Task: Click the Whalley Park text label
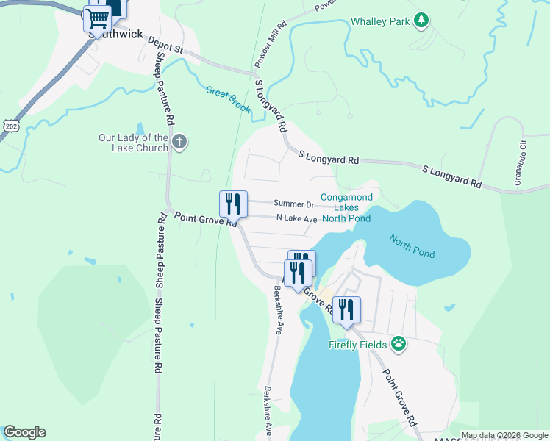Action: pyautogui.click(x=380, y=22)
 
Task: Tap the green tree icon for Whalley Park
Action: pyautogui.click(x=421, y=21)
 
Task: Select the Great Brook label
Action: pyautogui.click(x=228, y=100)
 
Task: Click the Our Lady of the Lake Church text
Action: pyautogui.click(x=134, y=143)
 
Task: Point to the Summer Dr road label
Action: pyautogui.click(x=294, y=204)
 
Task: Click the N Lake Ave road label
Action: pyautogui.click(x=296, y=218)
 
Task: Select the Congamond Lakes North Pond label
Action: pyautogui.click(x=346, y=208)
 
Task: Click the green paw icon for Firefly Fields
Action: pyautogui.click(x=399, y=343)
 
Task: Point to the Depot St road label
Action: pyautogui.click(x=165, y=46)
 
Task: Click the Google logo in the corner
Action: pyautogui.click(x=24, y=432)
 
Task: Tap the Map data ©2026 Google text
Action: pyautogui.click(x=504, y=435)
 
